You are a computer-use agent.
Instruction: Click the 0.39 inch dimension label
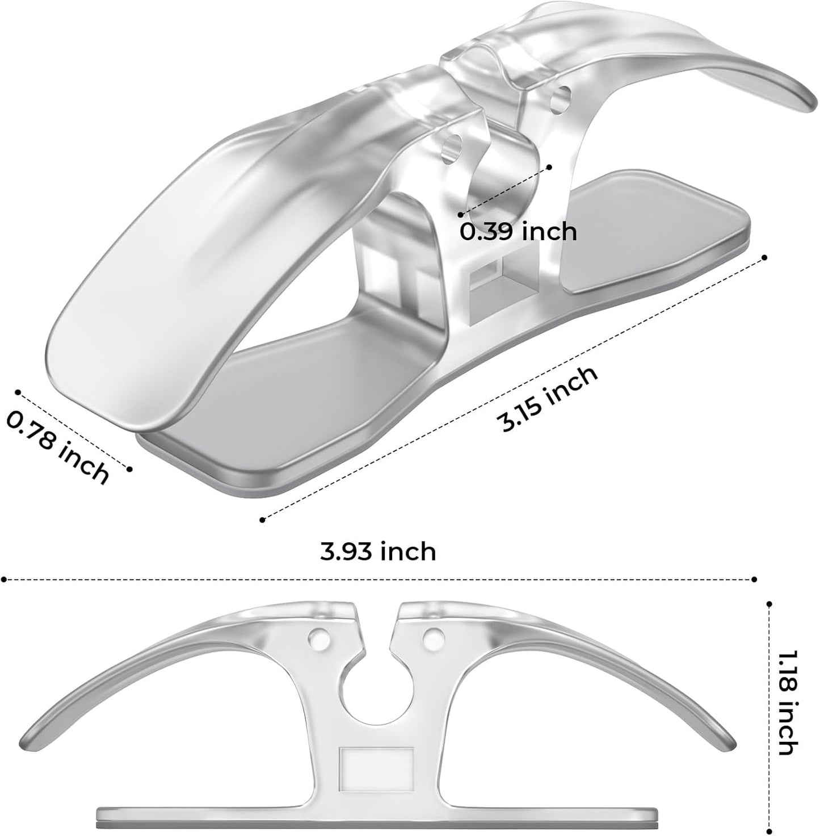[518, 232]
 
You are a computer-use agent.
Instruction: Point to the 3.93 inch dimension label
[378, 551]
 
